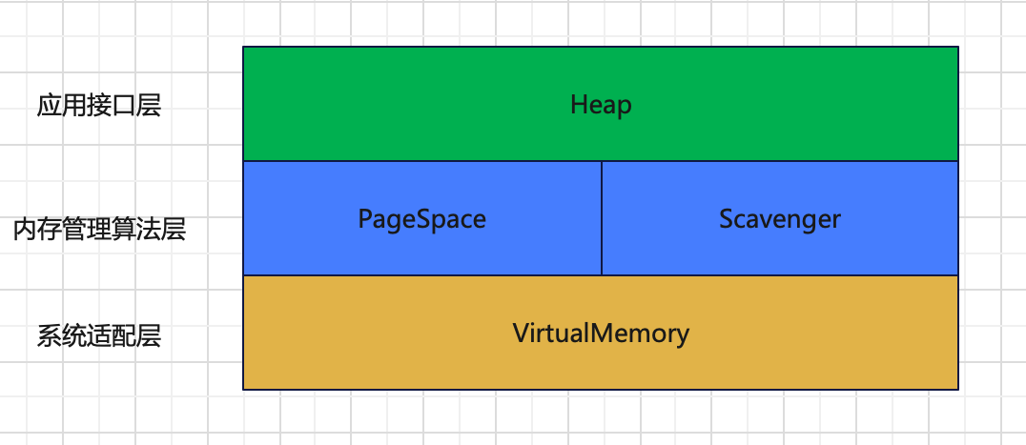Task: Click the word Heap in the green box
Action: tap(601, 105)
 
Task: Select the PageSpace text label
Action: tap(422, 219)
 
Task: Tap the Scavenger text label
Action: tap(780, 219)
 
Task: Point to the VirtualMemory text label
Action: tap(601, 334)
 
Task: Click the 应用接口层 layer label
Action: tap(99, 106)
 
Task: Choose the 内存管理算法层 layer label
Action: tap(99, 230)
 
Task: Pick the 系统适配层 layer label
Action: tap(99, 336)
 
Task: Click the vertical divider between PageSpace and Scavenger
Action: tap(602, 218)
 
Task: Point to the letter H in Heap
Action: tap(578, 105)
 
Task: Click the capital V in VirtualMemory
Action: tap(522, 333)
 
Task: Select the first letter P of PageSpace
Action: tap(365, 218)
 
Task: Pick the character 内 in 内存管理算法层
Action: tap(25, 230)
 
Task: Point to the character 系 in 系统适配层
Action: tap(49, 336)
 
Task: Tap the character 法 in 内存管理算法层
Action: tap(150, 230)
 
